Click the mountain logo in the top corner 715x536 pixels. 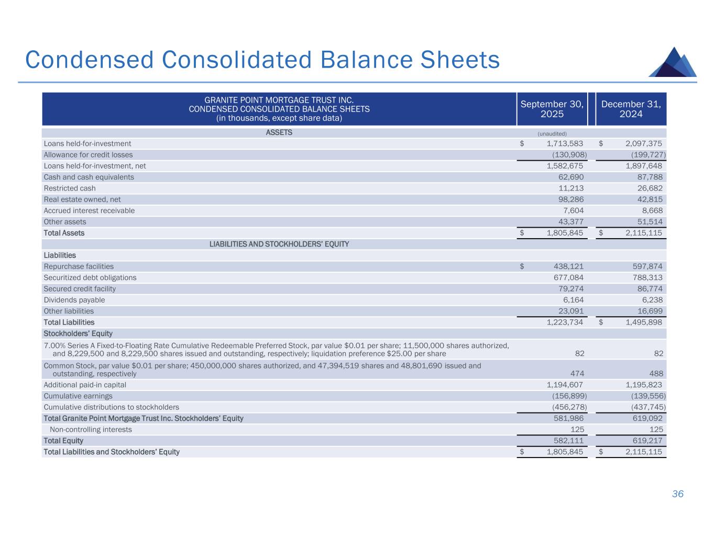[673, 62]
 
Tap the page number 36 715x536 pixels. [678, 494]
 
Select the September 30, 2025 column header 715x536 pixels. [552, 109]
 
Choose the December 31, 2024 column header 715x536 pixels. [631, 109]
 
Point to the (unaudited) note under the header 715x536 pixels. [552, 133]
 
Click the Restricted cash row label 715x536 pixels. [70, 188]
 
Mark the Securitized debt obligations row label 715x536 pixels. [90, 277]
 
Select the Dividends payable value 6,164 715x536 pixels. [573, 300]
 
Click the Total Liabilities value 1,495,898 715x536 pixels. [644, 322]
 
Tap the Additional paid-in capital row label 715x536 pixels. [85, 385]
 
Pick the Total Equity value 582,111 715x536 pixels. [568, 441]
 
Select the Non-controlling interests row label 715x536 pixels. [91, 430]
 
